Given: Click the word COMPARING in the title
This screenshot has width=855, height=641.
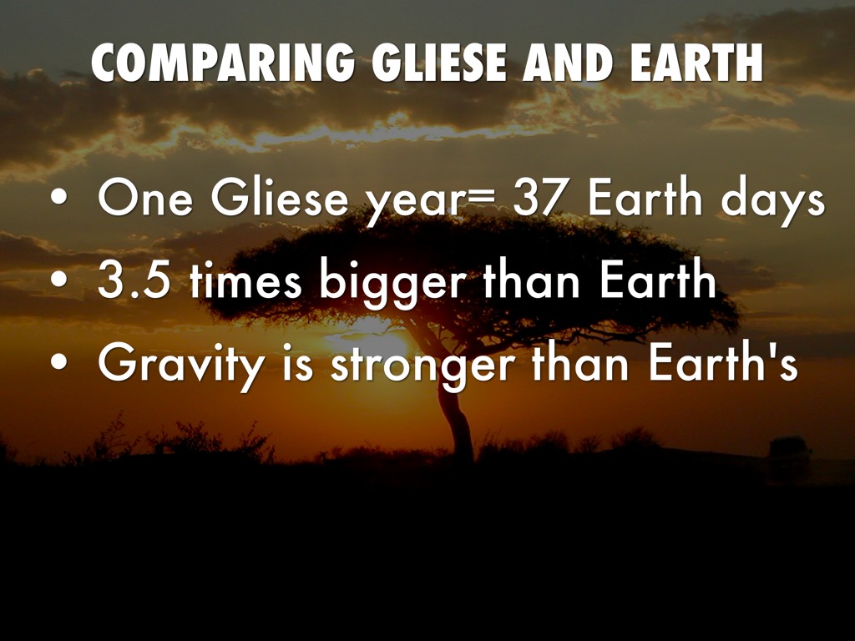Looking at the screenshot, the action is point(222,63).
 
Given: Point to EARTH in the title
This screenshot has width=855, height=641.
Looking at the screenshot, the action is point(696,63).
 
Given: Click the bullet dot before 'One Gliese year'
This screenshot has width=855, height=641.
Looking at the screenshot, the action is point(59,197).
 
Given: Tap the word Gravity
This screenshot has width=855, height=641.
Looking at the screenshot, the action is point(181,366).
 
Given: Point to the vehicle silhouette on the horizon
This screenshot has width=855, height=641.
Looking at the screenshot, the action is point(790,450).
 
